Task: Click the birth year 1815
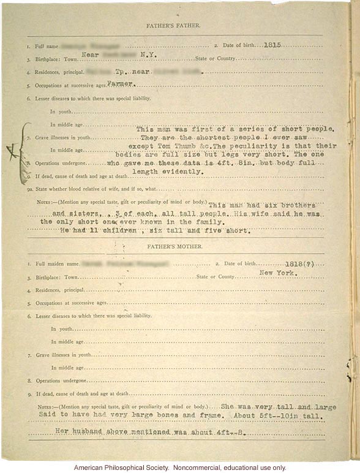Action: [270, 46]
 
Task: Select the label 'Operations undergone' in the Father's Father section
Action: [64, 164]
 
